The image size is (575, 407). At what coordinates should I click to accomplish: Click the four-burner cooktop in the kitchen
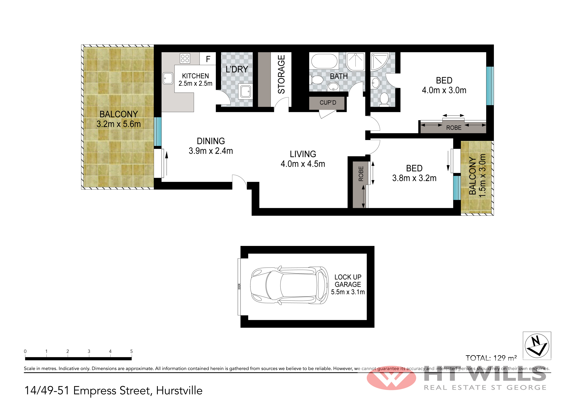point(185,58)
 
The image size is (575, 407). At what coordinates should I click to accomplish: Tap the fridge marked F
point(208,59)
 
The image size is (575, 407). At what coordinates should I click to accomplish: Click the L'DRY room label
point(237,69)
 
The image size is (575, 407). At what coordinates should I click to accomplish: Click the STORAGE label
point(281,74)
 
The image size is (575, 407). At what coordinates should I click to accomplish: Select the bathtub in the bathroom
point(324,61)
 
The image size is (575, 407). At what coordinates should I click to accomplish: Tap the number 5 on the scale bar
point(131,351)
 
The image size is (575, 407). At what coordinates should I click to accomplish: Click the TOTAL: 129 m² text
point(491,358)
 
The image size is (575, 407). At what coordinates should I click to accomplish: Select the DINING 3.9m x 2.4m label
point(211,146)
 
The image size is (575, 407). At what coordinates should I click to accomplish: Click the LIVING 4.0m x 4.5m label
point(303,159)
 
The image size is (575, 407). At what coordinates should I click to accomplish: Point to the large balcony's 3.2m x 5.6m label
point(119,124)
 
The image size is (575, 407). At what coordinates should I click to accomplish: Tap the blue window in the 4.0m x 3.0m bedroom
point(490,86)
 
